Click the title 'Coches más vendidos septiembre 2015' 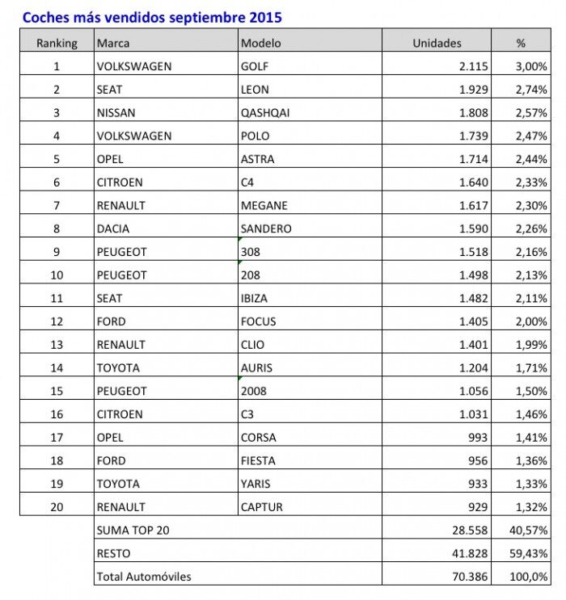pyautogui.click(x=152, y=17)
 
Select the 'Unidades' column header pyautogui.click(x=437, y=43)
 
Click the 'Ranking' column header pyautogui.click(x=57, y=43)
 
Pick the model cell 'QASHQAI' pyautogui.click(x=265, y=113)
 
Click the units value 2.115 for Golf pyautogui.click(x=474, y=66)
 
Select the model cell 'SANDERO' pyautogui.click(x=266, y=229)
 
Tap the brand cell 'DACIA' pyautogui.click(x=113, y=229)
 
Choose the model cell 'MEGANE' pyautogui.click(x=264, y=206)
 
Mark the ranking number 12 pyautogui.click(x=57, y=321)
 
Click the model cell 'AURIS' pyautogui.click(x=256, y=367)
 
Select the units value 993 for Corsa pyautogui.click(x=478, y=438)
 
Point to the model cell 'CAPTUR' pyautogui.click(x=262, y=507)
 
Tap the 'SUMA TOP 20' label pyautogui.click(x=133, y=531)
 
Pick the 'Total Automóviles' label pyautogui.click(x=144, y=577)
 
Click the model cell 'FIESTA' pyautogui.click(x=258, y=460)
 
